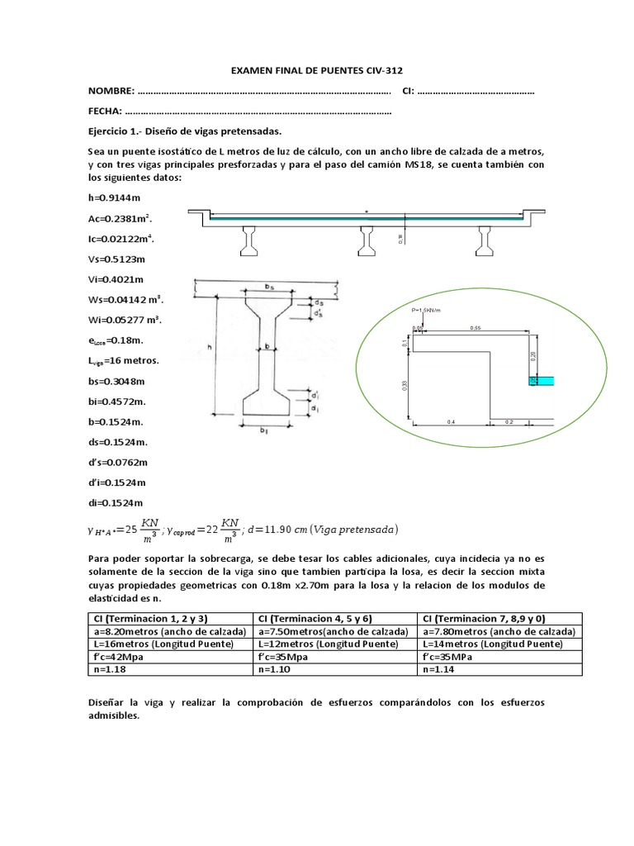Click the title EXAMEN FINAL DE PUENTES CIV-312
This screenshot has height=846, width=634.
point(317,70)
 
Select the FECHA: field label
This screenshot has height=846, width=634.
point(106,111)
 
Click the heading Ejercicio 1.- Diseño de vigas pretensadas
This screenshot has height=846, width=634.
point(185,131)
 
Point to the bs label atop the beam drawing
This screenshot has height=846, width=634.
point(272,285)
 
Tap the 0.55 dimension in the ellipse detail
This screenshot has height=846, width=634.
point(475,328)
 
